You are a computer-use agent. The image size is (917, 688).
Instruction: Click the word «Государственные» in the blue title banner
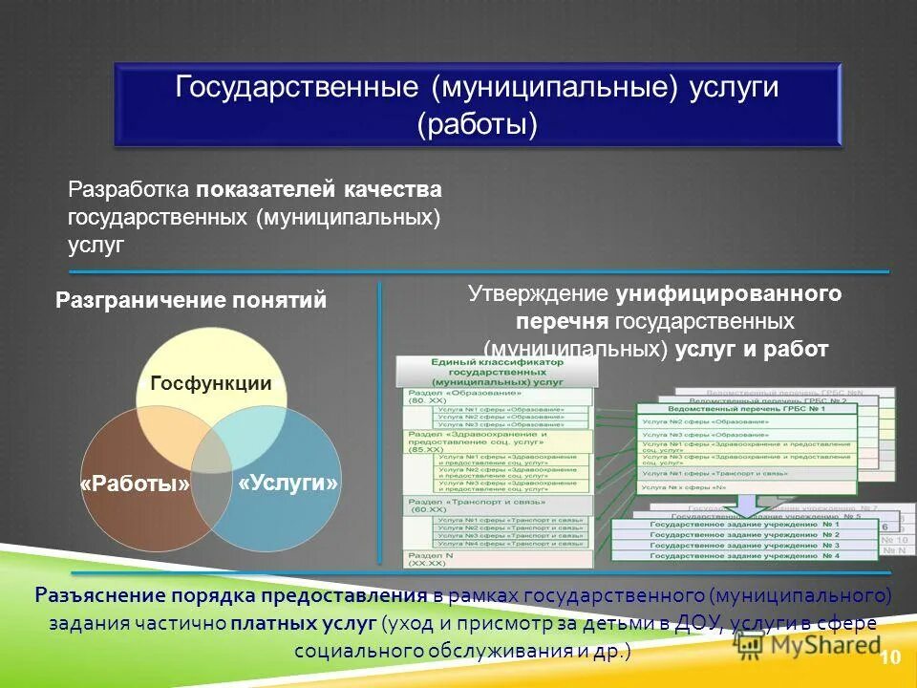tap(297, 88)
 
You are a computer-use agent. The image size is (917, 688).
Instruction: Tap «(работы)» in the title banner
tap(477, 125)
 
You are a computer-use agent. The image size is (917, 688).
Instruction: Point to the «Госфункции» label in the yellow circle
tap(211, 384)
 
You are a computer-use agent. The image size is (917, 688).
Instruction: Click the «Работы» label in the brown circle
tap(135, 484)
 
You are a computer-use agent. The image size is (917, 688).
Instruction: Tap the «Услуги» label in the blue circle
tap(288, 483)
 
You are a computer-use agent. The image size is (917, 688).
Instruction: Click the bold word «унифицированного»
tap(729, 293)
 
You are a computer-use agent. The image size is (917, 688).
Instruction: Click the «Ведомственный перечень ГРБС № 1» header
tap(747, 409)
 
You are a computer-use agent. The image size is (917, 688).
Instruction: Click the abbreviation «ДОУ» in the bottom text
tap(683, 624)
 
